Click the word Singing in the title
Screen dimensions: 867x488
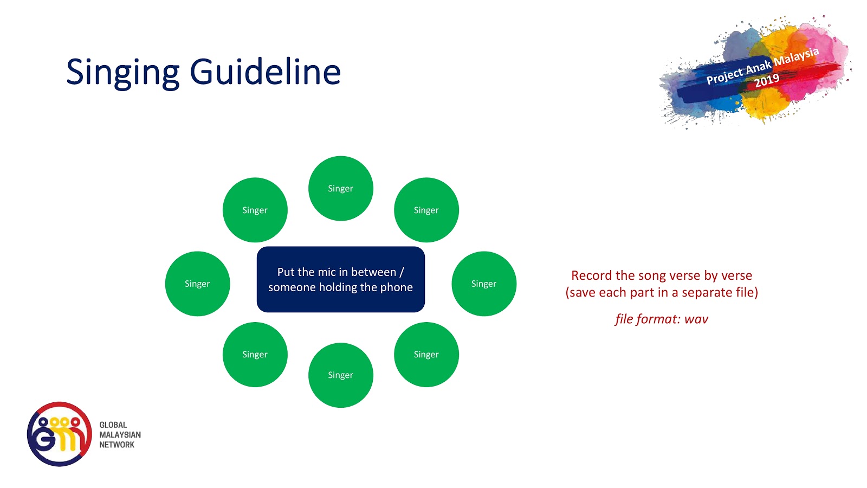tap(122, 72)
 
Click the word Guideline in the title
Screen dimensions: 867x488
tap(265, 72)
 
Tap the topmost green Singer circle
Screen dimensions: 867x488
tap(340, 188)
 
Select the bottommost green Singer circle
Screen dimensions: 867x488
tap(340, 375)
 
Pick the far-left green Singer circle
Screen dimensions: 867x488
tap(197, 284)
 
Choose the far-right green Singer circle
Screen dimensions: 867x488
tap(483, 284)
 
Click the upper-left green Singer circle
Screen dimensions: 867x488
tap(255, 210)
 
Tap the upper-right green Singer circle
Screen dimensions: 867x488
tap(426, 210)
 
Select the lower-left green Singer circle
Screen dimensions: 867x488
tap(255, 354)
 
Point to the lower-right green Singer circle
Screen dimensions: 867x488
tap(426, 354)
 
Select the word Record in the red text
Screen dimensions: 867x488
tap(592, 275)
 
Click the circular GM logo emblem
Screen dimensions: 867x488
tap(59, 434)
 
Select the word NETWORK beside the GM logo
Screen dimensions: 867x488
tap(117, 445)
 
